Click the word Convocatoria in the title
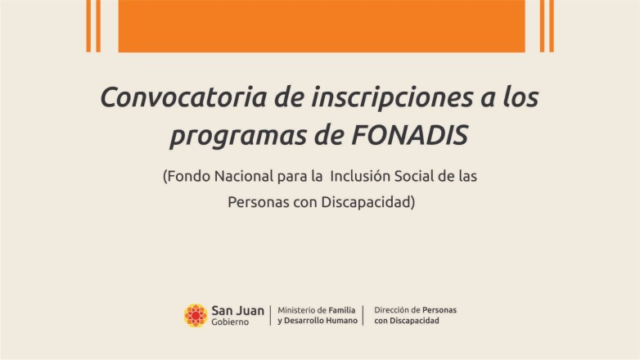pyautogui.click(x=183, y=97)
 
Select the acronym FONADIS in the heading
pyautogui.click(x=409, y=135)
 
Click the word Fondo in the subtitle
pyautogui.click(x=188, y=177)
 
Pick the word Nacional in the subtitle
pyautogui.click(x=244, y=177)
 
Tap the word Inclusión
pyautogui.click(x=360, y=177)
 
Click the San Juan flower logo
pyautogui.click(x=196, y=316)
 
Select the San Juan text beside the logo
pyautogui.click(x=237, y=311)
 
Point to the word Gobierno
pyautogui.click(x=230, y=322)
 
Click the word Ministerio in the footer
pyautogui.click(x=296, y=310)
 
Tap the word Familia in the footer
pyautogui.click(x=342, y=310)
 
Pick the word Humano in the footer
pyautogui.click(x=342, y=321)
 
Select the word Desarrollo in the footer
pyautogui.click(x=304, y=321)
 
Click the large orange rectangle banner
pyautogui.click(x=322, y=26)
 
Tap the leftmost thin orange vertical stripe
pyautogui.click(x=88, y=26)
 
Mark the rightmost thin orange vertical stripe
pyautogui.click(x=552, y=26)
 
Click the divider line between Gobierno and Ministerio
pyautogui.click(x=270, y=316)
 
